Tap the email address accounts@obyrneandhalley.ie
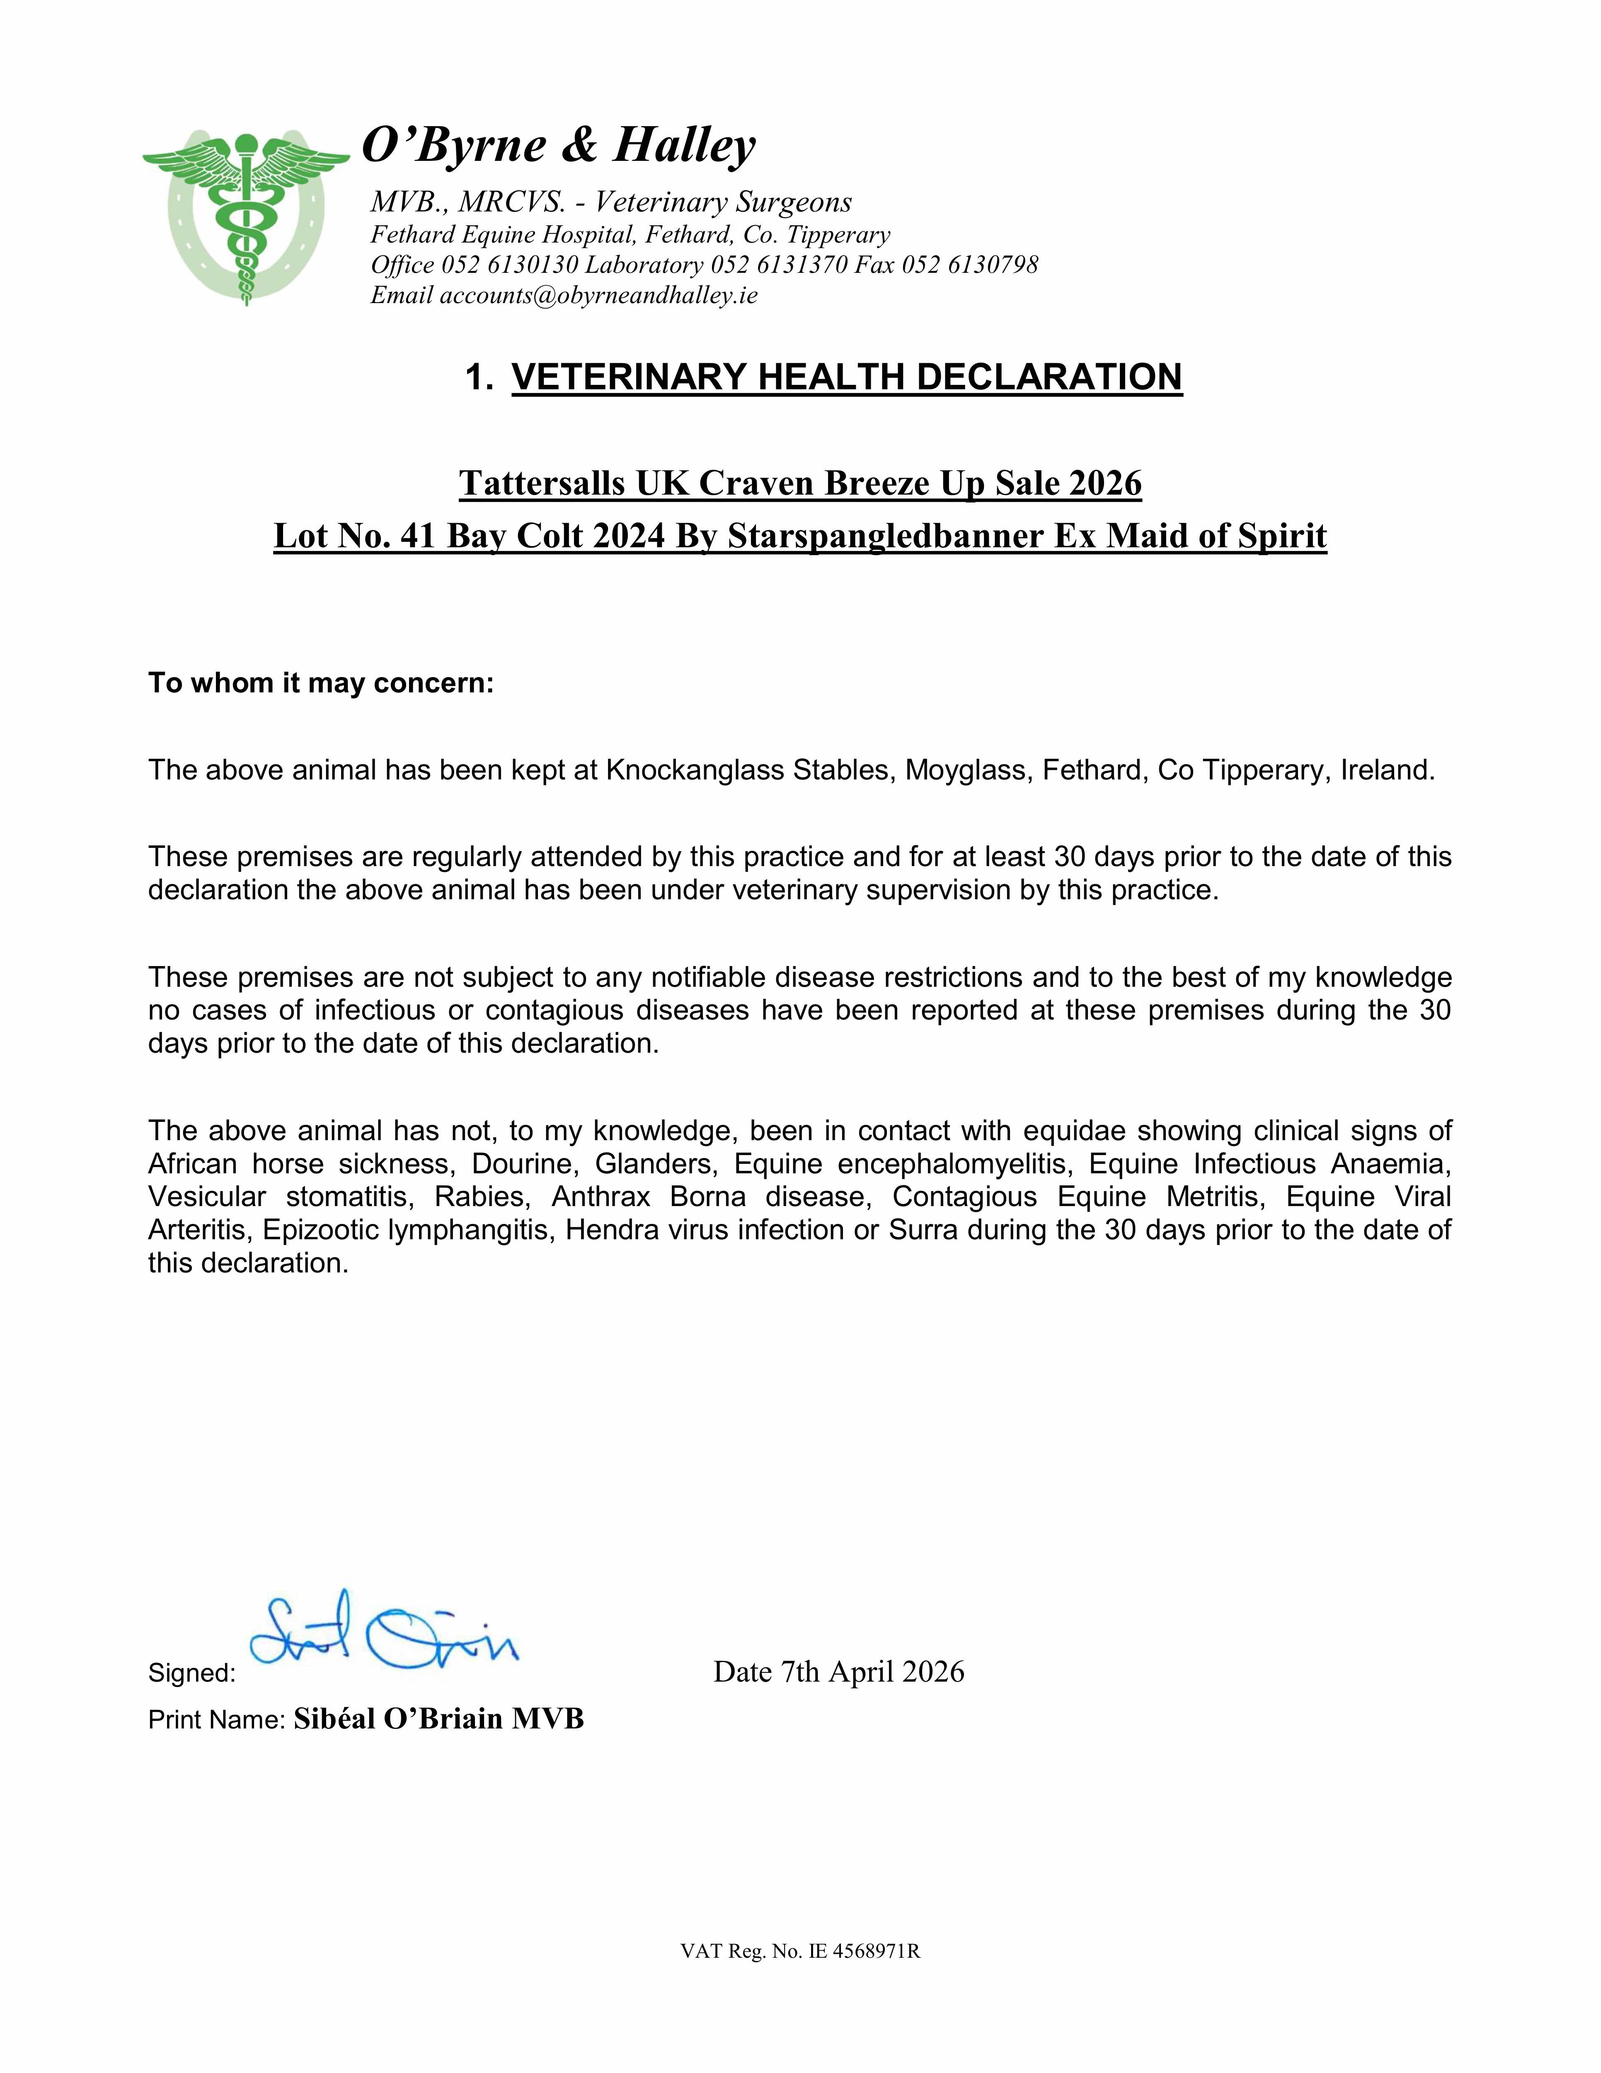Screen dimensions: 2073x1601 point(598,295)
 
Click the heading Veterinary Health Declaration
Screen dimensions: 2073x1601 point(847,377)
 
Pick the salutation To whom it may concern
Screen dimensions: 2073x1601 point(321,683)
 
